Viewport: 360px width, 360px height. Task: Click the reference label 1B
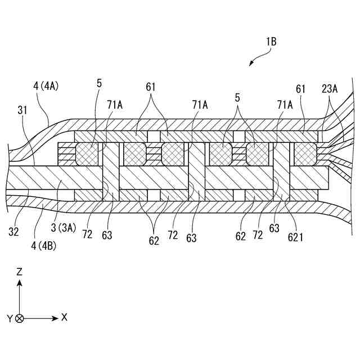click(x=269, y=41)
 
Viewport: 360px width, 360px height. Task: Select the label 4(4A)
click(x=46, y=87)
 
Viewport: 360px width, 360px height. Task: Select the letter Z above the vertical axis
click(x=20, y=272)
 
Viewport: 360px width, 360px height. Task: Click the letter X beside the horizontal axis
click(x=64, y=317)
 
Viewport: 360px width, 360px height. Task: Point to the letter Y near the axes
click(x=10, y=318)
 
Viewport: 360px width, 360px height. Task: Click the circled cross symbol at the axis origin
click(x=20, y=318)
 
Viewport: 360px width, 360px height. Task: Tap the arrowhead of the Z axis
click(x=20, y=283)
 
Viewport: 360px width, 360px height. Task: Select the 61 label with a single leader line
click(x=301, y=88)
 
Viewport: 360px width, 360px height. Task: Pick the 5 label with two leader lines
click(x=237, y=97)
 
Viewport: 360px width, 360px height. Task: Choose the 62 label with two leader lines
click(x=154, y=241)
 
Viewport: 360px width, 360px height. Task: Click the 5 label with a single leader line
click(x=99, y=83)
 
